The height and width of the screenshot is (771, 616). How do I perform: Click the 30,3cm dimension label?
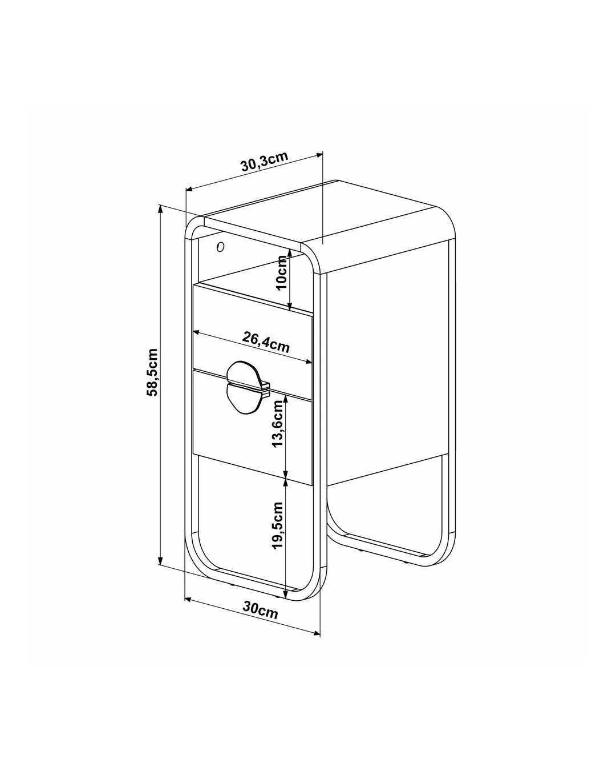coord(264,162)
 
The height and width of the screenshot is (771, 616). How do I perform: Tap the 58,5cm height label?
coord(153,372)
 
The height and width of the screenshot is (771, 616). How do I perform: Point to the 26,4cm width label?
coord(266,342)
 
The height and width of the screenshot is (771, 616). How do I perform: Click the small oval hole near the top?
coord(221,247)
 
